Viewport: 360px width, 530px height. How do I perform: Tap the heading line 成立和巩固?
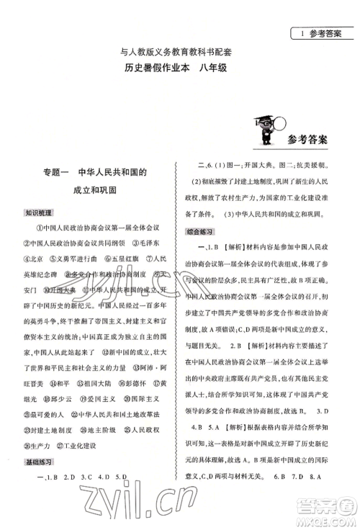[97, 192]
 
